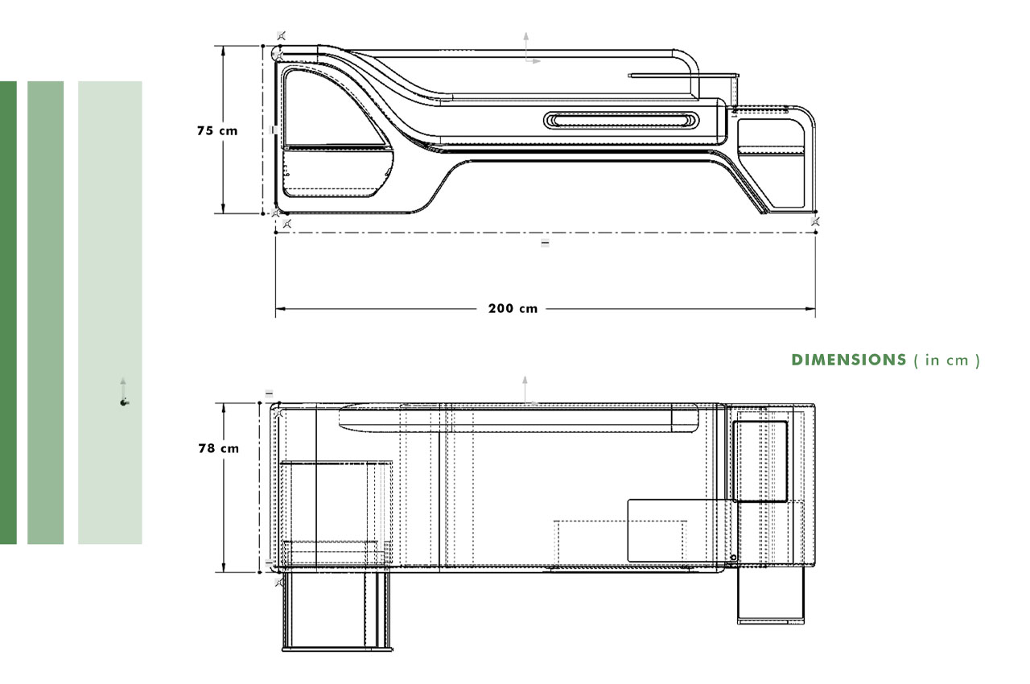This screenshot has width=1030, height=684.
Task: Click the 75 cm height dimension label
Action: coord(217,130)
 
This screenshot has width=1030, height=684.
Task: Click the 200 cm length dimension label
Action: coord(513,308)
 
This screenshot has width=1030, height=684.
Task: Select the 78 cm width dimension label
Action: coord(218,448)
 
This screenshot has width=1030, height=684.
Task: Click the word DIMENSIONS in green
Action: coord(849,360)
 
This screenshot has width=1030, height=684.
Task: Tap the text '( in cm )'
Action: coord(946,360)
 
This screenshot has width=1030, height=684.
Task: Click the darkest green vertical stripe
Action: coord(8,312)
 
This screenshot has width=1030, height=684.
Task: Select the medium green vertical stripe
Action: coord(45,312)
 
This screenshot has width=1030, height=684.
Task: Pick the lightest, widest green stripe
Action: coord(110,312)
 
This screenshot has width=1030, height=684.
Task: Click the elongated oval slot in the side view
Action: coord(621,120)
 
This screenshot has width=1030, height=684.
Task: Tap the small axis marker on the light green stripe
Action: coord(123,400)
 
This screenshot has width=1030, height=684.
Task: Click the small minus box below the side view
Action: coord(545,242)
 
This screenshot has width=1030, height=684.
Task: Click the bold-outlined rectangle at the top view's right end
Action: coord(759,460)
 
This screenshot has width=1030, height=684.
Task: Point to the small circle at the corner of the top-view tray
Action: coord(733,557)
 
